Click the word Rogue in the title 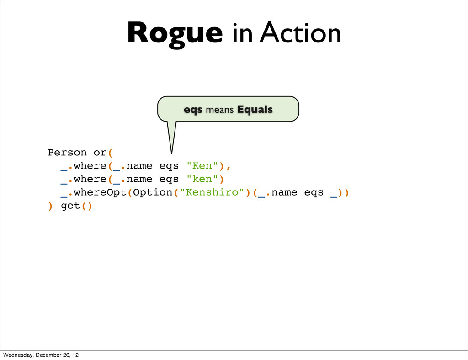point(175,34)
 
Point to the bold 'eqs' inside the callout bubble point(193,110)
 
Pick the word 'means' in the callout point(220,110)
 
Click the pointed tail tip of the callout point(172,153)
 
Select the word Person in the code point(67,152)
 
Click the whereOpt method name point(100,192)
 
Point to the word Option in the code point(152,192)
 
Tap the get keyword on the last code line point(70,206)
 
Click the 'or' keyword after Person point(100,152)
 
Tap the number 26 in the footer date point(70,355)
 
